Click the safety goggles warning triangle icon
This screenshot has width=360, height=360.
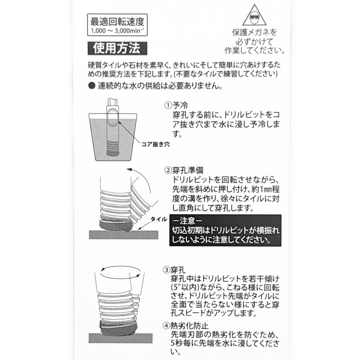(255, 15)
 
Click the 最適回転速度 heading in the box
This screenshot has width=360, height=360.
(117, 22)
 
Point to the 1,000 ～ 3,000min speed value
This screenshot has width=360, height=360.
(117, 31)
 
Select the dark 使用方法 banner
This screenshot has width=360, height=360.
(117, 48)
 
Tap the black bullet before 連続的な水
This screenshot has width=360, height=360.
(92, 86)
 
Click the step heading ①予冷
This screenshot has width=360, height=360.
(176, 105)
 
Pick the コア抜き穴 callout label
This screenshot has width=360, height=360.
(156, 144)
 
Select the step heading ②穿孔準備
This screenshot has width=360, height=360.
(184, 170)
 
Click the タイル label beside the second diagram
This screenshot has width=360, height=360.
(159, 219)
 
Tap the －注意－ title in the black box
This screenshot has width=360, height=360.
(188, 221)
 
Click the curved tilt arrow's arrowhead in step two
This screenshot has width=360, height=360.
(129, 170)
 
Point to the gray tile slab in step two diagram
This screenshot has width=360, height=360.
(123, 235)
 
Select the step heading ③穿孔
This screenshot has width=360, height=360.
(174, 270)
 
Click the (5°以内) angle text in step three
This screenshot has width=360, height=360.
(185, 287)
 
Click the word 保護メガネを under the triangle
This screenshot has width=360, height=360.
(255, 32)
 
